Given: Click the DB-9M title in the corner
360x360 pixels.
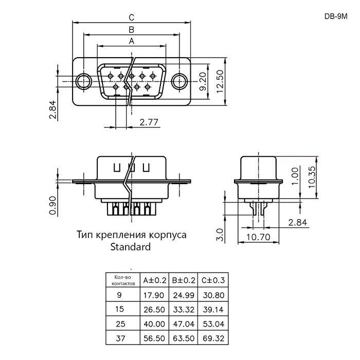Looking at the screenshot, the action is point(336,16).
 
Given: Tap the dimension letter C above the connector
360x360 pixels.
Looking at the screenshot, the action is point(131,17).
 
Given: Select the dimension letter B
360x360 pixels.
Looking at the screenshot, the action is point(131,30).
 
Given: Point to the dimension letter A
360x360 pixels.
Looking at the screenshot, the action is point(132,41).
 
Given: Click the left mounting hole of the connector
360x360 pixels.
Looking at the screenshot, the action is point(84,81).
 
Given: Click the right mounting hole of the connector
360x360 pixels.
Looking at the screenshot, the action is point(179,81).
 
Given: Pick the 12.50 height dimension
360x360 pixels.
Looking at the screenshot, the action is point(220,81).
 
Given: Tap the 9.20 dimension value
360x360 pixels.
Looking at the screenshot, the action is point(203,81).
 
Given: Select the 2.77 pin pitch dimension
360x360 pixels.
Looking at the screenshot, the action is point(149,122).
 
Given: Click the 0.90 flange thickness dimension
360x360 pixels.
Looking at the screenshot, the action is point(52,205).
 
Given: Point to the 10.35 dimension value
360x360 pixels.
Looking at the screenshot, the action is point(312,177).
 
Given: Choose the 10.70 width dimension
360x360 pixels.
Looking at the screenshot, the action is point(258,237).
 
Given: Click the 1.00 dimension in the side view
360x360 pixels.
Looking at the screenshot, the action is point(295,176).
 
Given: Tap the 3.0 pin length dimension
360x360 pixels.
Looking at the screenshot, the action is point(220,235).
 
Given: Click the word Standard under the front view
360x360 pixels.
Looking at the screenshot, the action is point(131,247).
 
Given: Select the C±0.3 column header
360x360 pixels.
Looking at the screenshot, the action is point(213,280).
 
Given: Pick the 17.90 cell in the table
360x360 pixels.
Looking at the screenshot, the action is point(154,295).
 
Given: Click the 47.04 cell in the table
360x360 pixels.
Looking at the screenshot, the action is point(184,324).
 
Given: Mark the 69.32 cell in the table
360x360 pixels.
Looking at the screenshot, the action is point(213,338).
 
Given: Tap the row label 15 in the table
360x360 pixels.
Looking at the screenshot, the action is point(120,309).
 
